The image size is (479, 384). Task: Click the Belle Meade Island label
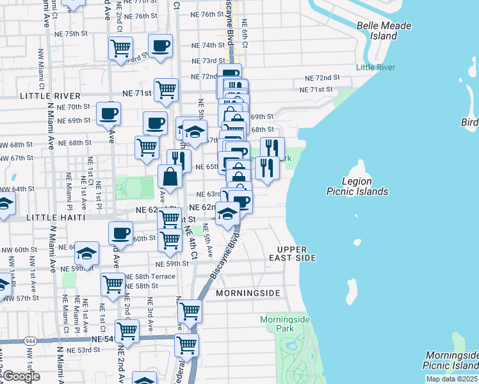click(x=384, y=31)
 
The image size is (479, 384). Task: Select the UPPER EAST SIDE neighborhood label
click(x=296, y=253)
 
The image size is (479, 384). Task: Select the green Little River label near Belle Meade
click(x=375, y=67)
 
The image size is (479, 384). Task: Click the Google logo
click(x=20, y=376)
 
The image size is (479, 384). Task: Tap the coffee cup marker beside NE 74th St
click(x=160, y=46)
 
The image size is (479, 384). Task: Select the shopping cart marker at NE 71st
click(x=166, y=90)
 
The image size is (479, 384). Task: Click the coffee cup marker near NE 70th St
click(x=108, y=115)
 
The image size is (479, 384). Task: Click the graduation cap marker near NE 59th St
click(x=86, y=253)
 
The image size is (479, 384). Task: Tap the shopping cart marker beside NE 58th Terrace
click(x=113, y=284)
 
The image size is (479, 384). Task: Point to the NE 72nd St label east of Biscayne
click(x=322, y=77)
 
